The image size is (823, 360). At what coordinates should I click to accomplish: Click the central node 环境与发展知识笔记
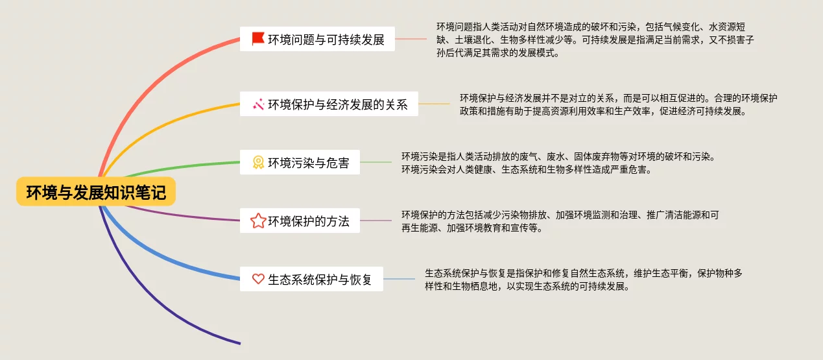tap(96, 192)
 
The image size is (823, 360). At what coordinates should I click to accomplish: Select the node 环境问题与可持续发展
tap(317, 40)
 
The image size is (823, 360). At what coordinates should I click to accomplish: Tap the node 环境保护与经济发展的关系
tap(329, 104)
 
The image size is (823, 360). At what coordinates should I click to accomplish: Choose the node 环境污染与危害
tap(300, 163)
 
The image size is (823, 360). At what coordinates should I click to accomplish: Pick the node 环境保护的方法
tap(300, 221)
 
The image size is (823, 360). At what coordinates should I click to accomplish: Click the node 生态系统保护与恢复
tap(311, 279)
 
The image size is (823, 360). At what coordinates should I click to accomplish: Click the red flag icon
tap(258, 39)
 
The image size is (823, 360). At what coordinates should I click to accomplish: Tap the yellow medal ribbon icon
tap(258, 163)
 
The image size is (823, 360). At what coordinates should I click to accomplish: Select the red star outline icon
tap(258, 221)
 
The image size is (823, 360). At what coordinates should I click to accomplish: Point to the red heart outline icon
tap(258, 279)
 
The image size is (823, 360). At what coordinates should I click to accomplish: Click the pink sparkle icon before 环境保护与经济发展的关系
tap(258, 104)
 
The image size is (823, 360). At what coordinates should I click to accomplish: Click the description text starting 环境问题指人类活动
tap(595, 40)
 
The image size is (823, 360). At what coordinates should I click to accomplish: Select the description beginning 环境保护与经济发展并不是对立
tap(618, 104)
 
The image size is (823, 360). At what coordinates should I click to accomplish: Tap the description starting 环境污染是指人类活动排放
tap(557, 163)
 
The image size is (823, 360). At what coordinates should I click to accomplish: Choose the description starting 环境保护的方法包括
tap(560, 221)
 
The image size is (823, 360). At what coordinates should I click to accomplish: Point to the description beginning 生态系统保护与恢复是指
tap(583, 279)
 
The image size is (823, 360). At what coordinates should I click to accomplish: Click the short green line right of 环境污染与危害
tap(376, 162)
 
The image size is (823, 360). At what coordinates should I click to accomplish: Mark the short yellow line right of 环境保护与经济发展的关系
tap(434, 104)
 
